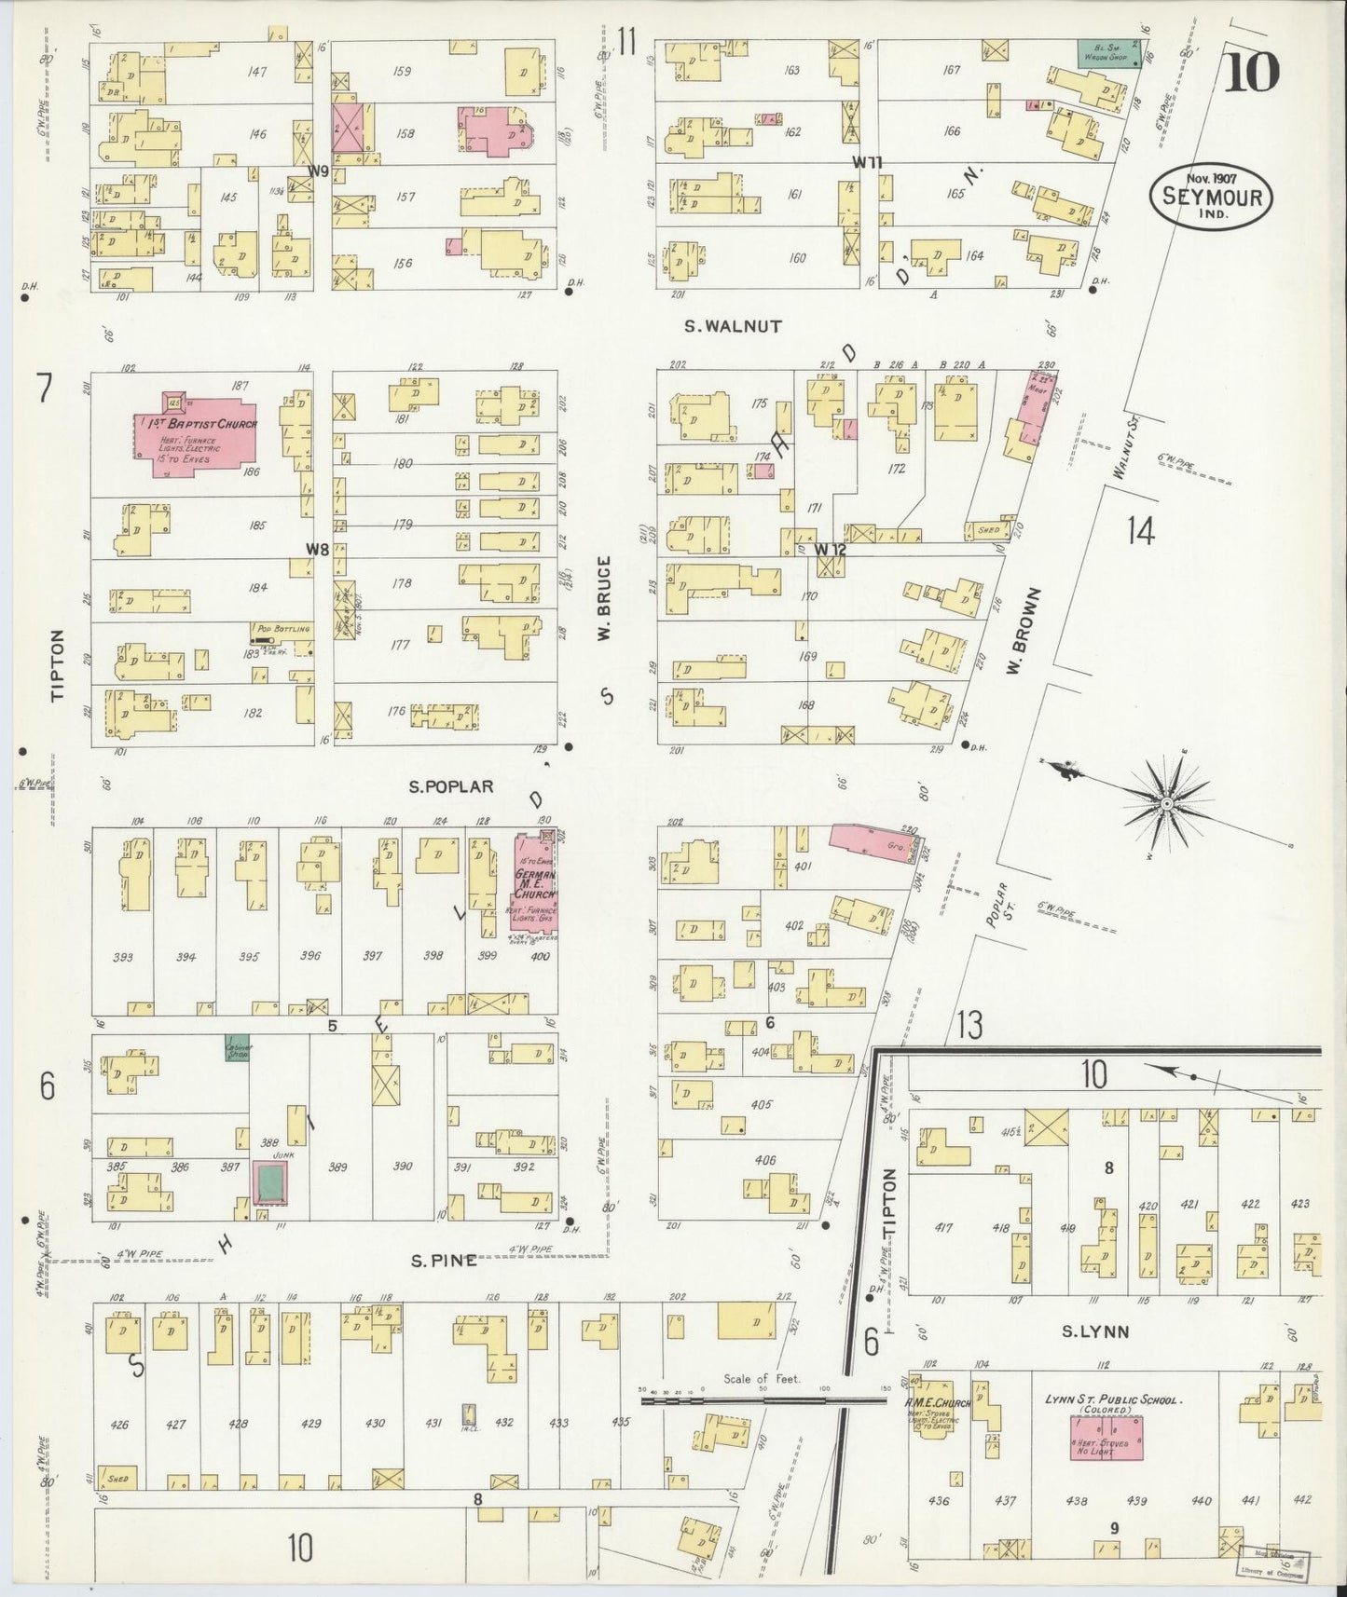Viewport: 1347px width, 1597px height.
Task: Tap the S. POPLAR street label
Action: click(451, 786)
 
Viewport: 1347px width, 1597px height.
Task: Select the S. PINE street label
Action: click(445, 1261)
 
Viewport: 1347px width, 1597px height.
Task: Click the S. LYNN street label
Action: click(1095, 1332)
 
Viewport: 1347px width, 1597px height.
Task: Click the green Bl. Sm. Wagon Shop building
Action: click(1108, 52)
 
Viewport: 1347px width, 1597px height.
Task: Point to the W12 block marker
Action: click(829, 550)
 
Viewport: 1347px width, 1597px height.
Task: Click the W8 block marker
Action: click(318, 549)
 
